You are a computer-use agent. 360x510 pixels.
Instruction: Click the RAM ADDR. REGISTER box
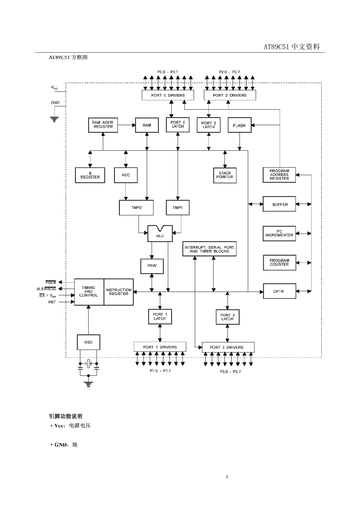103,125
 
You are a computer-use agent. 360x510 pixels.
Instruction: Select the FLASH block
239,126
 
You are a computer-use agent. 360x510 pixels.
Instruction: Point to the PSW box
152,266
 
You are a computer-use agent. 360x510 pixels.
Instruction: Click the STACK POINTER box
225,175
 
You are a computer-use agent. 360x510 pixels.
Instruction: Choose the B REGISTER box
90,175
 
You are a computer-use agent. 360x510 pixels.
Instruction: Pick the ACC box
126,175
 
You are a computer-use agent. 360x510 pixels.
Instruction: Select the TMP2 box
136,208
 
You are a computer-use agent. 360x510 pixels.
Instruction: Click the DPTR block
279,291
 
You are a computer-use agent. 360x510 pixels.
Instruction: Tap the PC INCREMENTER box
279,233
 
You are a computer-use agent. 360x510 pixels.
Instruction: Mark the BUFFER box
279,204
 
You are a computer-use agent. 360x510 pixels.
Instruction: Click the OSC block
88,342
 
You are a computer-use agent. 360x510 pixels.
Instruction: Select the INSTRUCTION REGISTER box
119,292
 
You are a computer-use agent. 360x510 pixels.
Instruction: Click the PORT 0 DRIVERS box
168,95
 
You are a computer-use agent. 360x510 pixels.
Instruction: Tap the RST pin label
52,302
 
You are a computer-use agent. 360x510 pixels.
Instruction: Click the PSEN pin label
51,282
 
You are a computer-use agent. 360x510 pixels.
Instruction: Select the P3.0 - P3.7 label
230,372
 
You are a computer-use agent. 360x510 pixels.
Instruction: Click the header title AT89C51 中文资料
292,47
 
